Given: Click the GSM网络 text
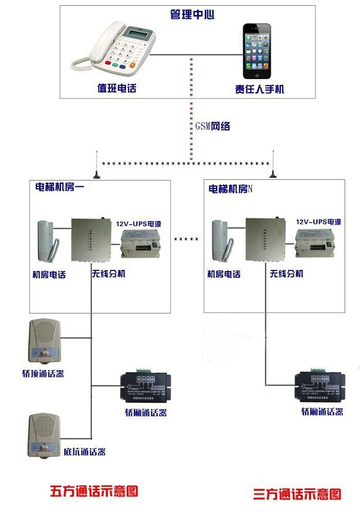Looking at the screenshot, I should coord(212,127).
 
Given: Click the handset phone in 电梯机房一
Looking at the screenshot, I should coord(49,240).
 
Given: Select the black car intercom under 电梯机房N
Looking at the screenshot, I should coord(317,388).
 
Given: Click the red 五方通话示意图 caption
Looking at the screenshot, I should coord(94,492).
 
